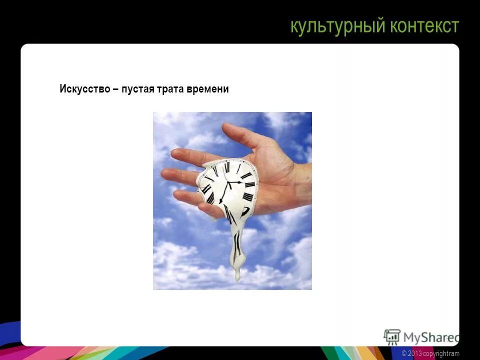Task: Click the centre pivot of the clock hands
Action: click(x=229, y=184)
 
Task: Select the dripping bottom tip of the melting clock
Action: click(x=237, y=276)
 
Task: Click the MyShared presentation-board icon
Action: click(x=391, y=336)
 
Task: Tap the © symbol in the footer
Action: click(x=404, y=354)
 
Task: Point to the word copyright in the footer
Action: click(x=436, y=354)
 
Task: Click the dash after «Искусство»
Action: click(x=116, y=89)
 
